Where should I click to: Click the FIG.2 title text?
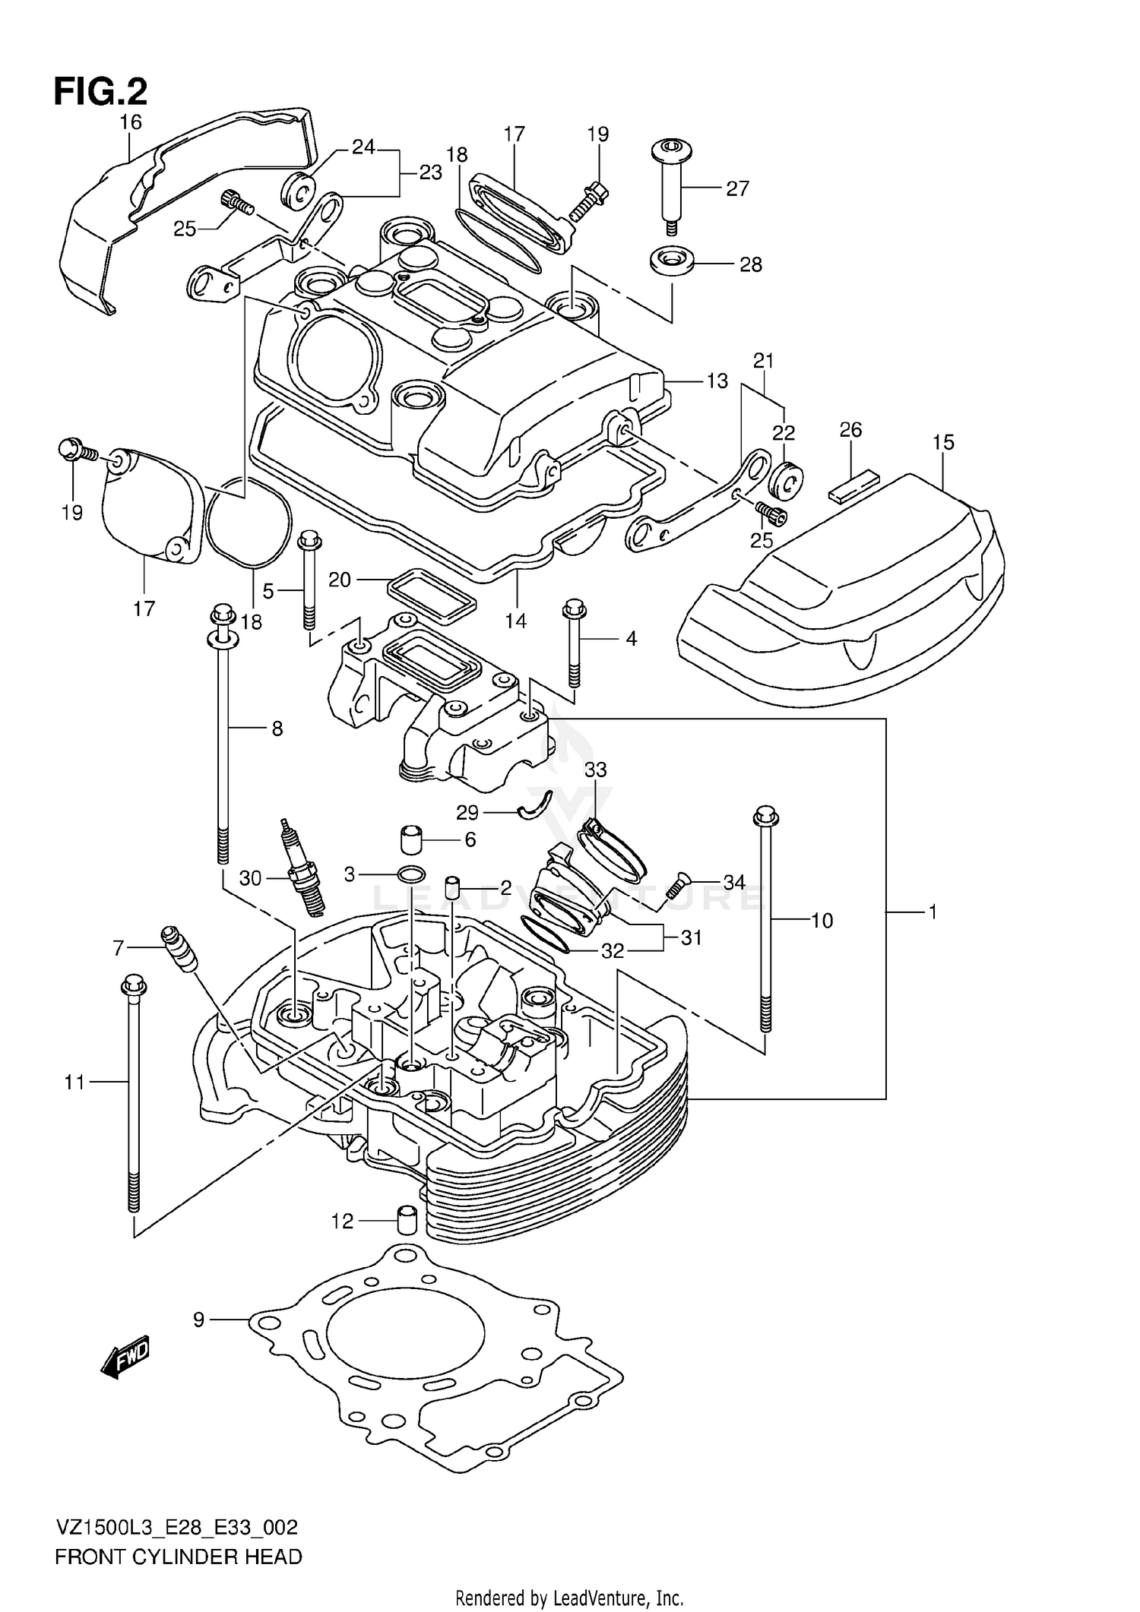100,92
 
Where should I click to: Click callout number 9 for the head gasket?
199,1320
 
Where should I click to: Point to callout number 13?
717,381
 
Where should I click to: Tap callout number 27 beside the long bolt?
736,188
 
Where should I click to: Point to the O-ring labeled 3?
411,874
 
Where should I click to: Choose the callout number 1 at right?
932,912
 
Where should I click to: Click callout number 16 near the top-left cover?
131,122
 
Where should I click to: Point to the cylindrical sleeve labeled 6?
410,839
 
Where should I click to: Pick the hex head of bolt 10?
766,817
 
